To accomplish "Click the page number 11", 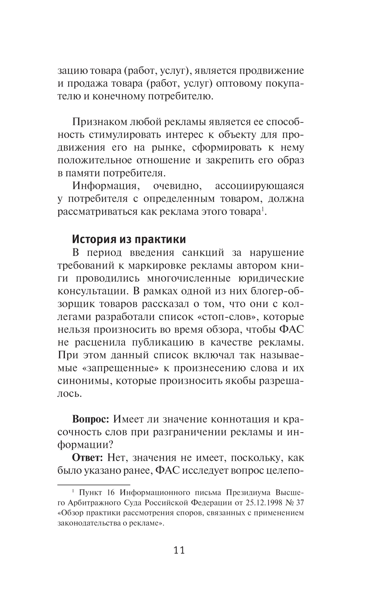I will [x=179, y=550].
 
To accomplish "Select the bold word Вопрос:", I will [x=91, y=419].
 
